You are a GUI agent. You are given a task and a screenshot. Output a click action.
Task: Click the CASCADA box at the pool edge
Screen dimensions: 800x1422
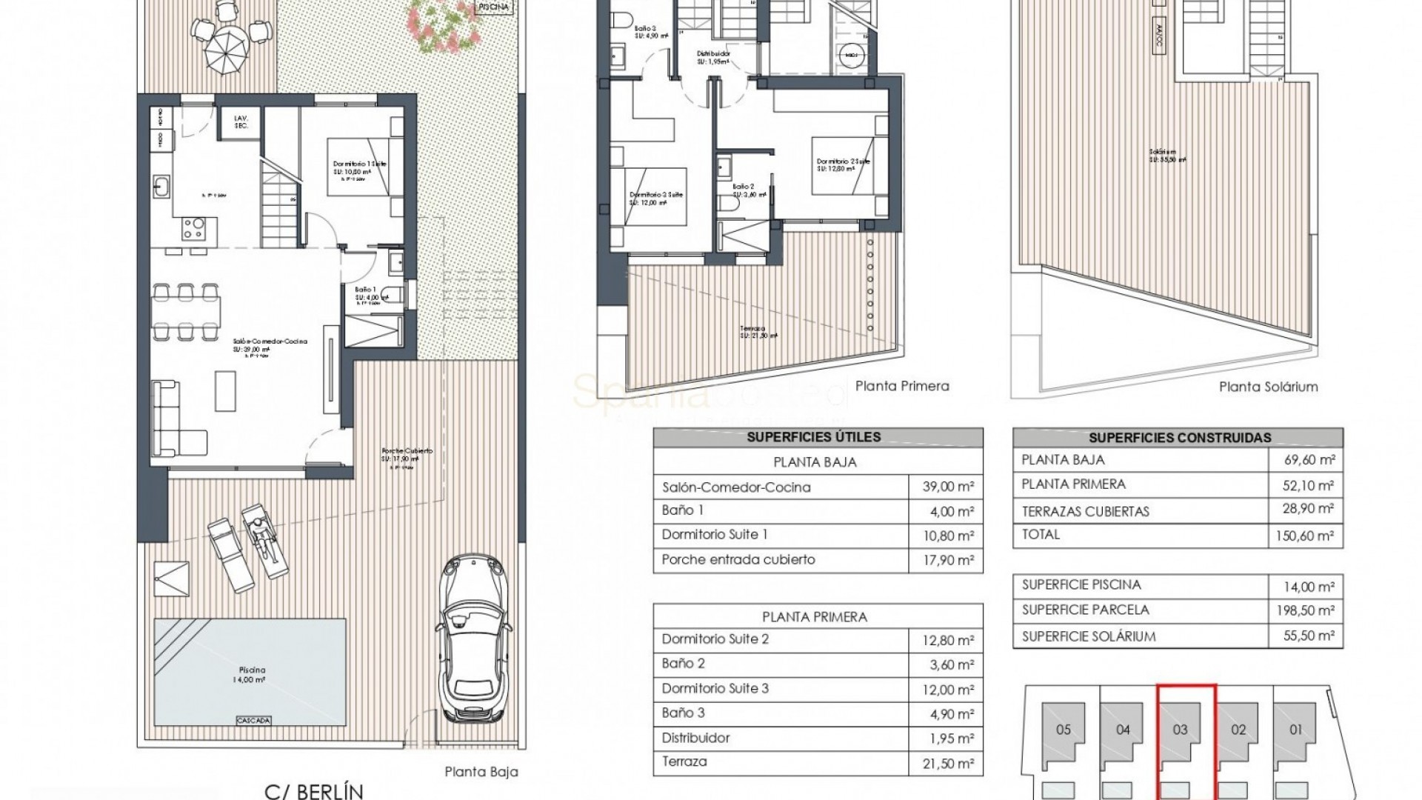(x=253, y=720)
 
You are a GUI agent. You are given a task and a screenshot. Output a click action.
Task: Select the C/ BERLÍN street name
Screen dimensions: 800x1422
(x=314, y=790)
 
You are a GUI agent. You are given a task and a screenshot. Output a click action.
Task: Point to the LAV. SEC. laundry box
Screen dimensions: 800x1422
(x=241, y=122)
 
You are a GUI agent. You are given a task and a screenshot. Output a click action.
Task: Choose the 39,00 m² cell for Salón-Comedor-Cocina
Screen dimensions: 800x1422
(x=945, y=487)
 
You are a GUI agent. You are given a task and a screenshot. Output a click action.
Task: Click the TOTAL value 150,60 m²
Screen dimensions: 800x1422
(x=1304, y=536)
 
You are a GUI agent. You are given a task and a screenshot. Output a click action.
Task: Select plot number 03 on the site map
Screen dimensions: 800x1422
(x=1180, y=730)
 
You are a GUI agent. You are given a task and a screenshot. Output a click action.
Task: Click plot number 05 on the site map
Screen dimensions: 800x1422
(x=1063, y=730)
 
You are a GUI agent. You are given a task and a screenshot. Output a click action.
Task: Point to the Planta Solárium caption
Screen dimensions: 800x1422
(x=1268, y=387)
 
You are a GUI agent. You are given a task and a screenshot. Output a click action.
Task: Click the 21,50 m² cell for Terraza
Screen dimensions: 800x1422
(x=945, y=764)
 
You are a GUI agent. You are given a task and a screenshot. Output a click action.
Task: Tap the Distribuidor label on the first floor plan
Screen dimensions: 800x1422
(x=713, y=58)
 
